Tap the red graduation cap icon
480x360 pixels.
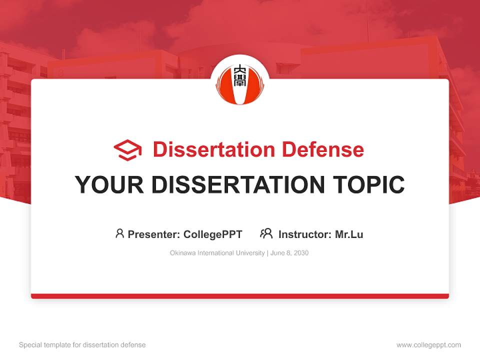127,150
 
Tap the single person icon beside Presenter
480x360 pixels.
119,233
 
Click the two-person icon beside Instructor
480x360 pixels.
266,233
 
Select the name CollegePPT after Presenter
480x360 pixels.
213,234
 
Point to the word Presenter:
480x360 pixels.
154,234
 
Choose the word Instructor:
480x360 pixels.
305,234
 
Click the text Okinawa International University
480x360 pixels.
217,253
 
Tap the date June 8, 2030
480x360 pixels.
290,253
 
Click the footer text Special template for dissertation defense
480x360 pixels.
82,345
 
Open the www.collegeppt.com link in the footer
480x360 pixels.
428,345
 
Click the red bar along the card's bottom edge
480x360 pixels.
240,296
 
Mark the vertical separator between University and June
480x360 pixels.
268,253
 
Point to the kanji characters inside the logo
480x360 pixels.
240,75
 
